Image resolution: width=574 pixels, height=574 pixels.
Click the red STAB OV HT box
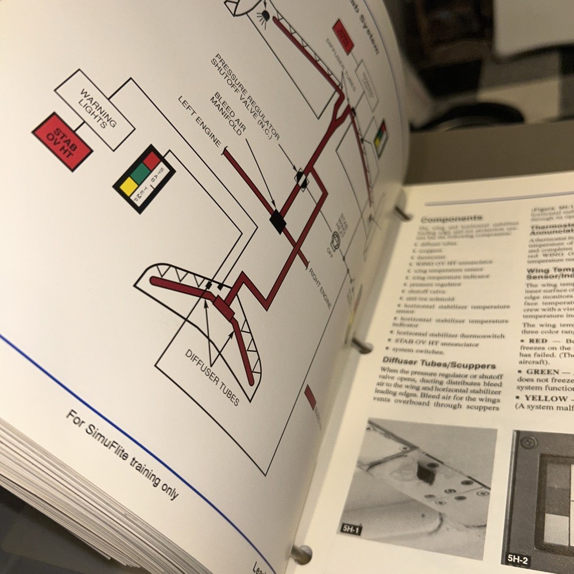click(63, 141)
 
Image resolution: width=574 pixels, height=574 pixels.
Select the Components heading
click(451, 219)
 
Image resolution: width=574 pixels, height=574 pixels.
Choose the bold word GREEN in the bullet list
click(542, 371)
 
